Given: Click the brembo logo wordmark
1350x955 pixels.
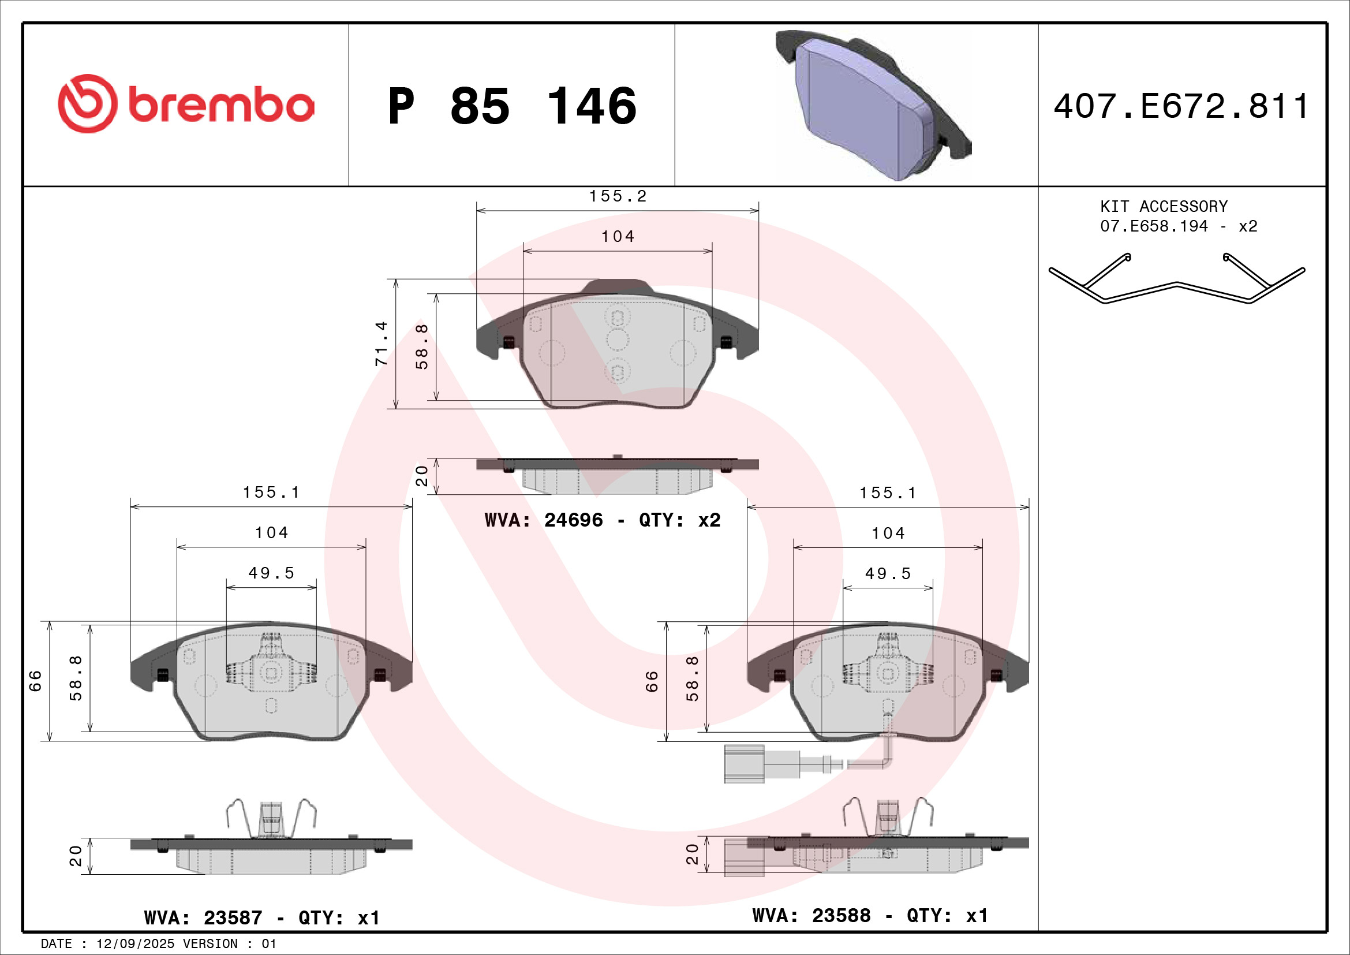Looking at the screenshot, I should [x=220, y=105].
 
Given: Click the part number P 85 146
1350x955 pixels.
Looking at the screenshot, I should [x=511, y=106].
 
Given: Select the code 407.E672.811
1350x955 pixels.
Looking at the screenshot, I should [x=1181, y=106].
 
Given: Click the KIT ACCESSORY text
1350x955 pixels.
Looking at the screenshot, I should [x=1164, y=206].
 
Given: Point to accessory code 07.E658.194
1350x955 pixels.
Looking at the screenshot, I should [x=1154, y=226].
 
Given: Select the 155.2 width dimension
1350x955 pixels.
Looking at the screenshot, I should [x=618, y=196].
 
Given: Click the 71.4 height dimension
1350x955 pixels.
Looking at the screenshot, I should [x=382, y=344].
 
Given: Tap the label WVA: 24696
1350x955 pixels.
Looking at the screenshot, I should [x=543, y=520].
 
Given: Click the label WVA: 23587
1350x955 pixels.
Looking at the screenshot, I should [x=203, y=917].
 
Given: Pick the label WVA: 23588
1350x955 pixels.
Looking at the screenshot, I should [x=811, y=915].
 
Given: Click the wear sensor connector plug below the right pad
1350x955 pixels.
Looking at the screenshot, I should [x=744, y=764].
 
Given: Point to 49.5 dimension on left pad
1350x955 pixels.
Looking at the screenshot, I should [x=271, y=573].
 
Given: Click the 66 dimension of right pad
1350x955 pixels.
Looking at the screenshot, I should [x=652, y=681].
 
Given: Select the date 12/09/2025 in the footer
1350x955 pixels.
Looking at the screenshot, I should [x=135, y=943].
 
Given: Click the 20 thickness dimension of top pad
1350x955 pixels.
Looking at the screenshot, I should [x=421, y=476].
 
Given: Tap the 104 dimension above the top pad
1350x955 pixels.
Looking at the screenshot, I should [x=618, y=236].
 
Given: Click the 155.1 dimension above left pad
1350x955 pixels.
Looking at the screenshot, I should [x=271, y=492].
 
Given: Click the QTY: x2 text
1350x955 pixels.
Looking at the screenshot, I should [x=679, y=520].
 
